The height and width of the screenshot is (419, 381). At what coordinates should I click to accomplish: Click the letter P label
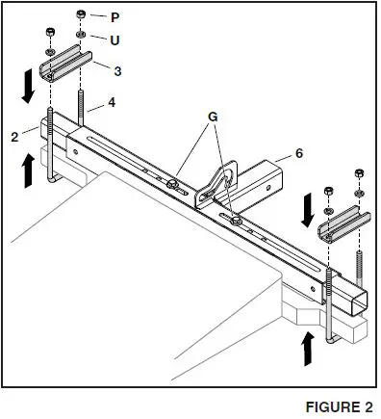(x=115, y=17)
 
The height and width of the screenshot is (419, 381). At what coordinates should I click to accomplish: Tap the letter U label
(x=115, y=40)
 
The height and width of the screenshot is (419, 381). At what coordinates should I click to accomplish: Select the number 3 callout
(x=116, y=71)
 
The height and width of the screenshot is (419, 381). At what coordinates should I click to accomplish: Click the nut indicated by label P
(x=79, y=16)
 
